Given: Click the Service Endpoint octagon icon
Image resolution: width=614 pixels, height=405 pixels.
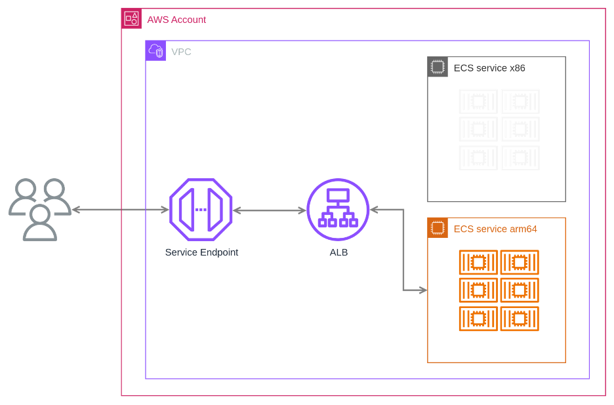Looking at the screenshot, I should tap(201, 210).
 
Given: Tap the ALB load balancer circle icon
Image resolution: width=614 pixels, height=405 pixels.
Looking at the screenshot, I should tap(337, 210).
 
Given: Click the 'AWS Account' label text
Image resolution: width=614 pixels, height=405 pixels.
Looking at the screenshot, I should tap(176, 20).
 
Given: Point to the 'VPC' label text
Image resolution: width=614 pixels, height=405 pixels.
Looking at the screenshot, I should tap(181, 51).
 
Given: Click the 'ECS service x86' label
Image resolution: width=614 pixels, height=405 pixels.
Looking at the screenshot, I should tap(489, 67).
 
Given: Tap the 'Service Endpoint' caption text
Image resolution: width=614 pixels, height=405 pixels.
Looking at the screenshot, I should tap(201, 252).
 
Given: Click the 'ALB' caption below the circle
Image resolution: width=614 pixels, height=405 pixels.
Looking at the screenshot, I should tap(337, 252).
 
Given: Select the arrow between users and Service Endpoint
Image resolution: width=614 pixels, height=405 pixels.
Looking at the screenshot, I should tap(119, 210).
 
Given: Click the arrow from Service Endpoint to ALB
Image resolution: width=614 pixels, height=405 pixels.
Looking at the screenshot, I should tap(270, 210).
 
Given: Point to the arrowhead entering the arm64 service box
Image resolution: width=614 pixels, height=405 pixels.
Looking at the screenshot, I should tap(422, 290).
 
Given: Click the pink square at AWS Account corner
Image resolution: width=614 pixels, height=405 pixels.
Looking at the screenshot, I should tap(131, 19).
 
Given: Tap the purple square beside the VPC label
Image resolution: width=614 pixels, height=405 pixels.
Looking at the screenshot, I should tap(155, 50).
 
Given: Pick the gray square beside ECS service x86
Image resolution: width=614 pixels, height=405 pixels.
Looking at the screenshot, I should tap(438, 67).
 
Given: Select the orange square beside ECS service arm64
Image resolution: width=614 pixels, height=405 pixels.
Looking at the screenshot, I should tap(438, 228).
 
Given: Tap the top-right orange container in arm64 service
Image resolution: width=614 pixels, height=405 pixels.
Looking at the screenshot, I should tap(520, 262).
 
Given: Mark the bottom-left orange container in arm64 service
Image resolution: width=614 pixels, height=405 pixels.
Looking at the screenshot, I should tap(478, 318).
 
